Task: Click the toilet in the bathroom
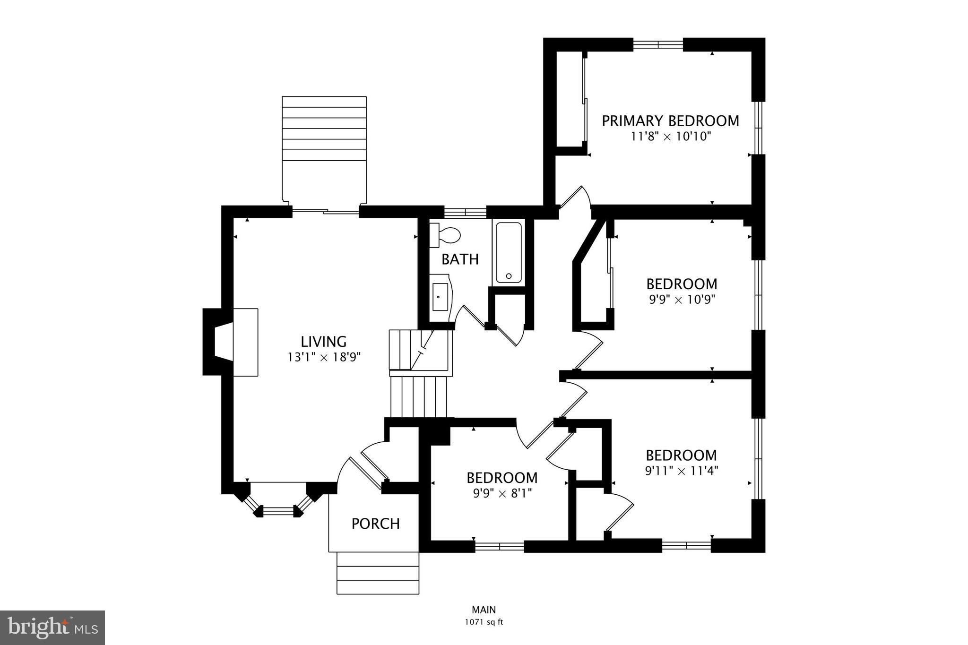point(446,235)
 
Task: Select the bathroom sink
point(440,297)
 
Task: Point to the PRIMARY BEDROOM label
point(670,121)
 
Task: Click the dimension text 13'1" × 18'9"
point(324,357)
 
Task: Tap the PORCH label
point(376,524)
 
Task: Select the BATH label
point(460,259)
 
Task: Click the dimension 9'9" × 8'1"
point(502,494)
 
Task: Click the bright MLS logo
point(52,628)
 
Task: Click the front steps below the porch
point(378,573)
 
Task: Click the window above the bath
point(465,212)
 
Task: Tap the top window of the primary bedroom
point(658,44)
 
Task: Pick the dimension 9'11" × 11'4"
point(682,471)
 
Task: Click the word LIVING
point(324,341)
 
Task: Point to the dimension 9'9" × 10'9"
point(682,300)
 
